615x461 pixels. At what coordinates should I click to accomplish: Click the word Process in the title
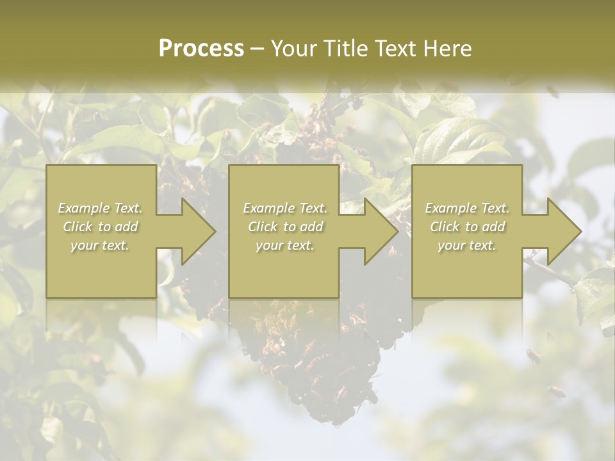point(201,49)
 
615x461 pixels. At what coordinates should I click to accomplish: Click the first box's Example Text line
point(100,208)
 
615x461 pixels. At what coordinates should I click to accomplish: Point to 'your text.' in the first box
point(100,245)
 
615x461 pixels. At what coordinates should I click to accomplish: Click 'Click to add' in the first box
point(100,227)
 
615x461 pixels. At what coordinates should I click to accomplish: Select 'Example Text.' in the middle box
point(284,208)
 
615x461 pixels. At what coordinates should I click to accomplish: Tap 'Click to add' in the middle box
point(284,227)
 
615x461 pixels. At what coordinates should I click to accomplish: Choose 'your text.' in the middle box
point(284,245)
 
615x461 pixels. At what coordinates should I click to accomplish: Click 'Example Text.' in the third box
point(467,208)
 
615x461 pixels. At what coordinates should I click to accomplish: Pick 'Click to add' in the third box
point(467,227)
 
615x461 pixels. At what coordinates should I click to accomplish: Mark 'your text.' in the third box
point(467,245)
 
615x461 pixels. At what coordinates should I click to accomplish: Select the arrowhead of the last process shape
point(563,231)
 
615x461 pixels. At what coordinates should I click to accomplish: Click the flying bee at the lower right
point(556,391)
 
